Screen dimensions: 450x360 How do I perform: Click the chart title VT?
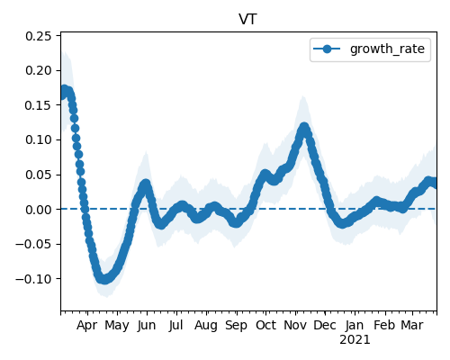247,20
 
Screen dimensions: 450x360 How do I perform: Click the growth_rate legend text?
387,49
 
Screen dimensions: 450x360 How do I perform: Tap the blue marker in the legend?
327,49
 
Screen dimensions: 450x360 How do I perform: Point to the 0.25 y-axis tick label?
39,36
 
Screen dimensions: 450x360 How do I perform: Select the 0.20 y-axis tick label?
39,70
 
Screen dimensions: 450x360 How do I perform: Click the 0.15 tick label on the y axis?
39,105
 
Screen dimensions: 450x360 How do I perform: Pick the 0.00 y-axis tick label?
39,210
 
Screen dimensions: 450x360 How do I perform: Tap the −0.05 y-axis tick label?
33,244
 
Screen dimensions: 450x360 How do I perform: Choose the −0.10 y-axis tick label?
33,279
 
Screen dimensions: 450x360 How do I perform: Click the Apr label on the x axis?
87,325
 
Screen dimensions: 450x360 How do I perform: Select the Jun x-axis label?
147,325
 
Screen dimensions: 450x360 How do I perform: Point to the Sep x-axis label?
237,325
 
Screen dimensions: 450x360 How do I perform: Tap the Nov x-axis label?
295,325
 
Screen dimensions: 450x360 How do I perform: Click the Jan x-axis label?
355,325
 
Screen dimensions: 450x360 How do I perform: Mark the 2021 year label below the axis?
355,340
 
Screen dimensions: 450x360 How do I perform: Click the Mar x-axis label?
412,325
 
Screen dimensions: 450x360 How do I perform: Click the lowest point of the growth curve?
103,280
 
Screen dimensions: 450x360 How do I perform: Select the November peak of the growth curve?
304,127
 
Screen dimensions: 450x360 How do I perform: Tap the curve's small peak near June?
146,184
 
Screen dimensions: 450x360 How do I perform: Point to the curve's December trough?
342,223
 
